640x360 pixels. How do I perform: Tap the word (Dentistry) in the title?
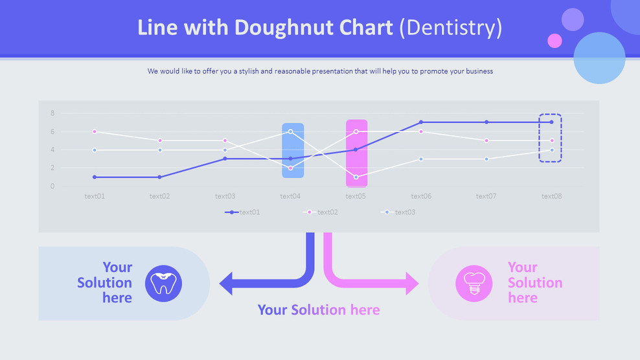[451, 28]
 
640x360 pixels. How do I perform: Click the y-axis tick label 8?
[52, 113]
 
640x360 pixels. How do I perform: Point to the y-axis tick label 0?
[52, 186]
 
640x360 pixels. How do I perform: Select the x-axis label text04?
[290, 196]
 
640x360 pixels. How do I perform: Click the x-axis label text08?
[551, 196]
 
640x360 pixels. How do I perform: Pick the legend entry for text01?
[242, 212]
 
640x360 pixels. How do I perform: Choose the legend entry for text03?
[398, 212]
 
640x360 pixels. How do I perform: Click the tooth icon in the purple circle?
[163, 283]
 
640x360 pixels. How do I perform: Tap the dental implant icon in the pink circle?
[474, 283]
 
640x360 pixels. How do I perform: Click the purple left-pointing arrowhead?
[225, 283]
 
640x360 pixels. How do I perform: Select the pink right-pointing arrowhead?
[412, 283]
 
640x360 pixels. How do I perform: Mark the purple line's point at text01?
[95, 177]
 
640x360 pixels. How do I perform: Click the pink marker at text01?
[95, 131]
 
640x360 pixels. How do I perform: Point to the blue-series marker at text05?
[356, 177]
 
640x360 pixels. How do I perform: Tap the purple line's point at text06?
[421, 122]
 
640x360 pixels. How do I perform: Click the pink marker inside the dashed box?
[552, 141]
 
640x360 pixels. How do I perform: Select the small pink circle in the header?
[554, 41]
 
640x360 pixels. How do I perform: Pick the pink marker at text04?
[291, 168]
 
